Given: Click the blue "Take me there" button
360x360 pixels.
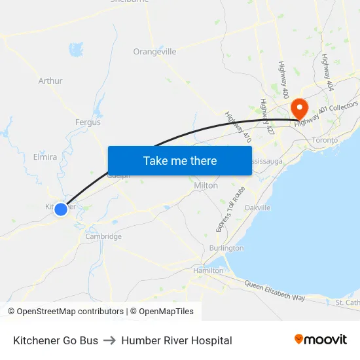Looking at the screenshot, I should click(x=180, y=160).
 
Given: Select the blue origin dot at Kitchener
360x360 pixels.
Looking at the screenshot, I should click(x=61, y=209).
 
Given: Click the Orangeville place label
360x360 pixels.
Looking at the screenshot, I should click(x=154, y=52).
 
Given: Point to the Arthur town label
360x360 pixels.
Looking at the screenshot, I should click(x=50, y=81).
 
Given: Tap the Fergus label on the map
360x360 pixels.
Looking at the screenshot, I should click(x=88, y=122).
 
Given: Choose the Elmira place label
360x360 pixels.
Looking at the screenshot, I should click(x=45, y=157).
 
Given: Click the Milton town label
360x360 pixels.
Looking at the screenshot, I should click(x=206, y=186).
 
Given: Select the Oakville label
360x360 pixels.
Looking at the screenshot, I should click(x=257, y=207).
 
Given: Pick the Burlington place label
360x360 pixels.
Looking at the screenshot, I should click(x=226, y=248).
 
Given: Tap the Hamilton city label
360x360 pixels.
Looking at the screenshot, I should click(x=208, y=270).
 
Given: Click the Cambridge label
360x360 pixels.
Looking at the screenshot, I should click(x=103, y=236).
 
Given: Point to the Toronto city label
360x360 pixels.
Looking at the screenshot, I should click(x=325, y=140).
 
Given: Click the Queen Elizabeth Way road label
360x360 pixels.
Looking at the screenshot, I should click(x=275, y=290).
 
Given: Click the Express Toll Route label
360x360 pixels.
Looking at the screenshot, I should click(x=230, y=209).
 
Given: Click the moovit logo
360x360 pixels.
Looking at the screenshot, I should click(x=321, y=340).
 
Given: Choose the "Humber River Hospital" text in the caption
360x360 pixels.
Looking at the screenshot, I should click(x=177, y=340).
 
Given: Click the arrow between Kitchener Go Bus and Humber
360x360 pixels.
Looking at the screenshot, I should click(x=109, y=340).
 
